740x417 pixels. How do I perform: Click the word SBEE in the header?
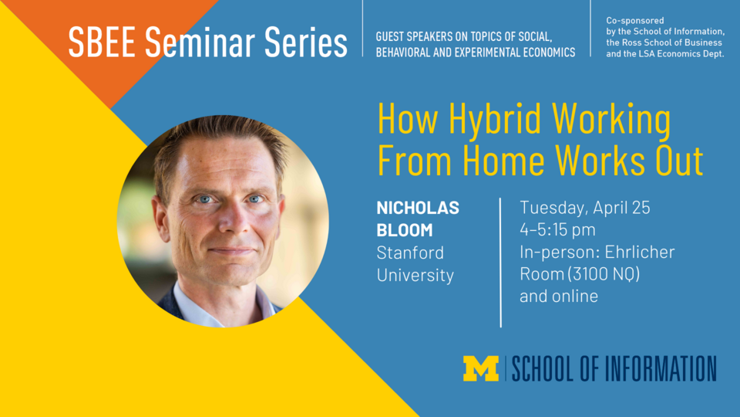point(93,43)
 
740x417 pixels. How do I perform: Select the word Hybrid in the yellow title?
point(483,121)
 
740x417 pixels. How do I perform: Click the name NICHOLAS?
point(417,208)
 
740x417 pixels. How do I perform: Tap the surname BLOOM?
point(405,230)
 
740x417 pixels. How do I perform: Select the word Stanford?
point(410,253)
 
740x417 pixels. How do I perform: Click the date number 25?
point(641,208)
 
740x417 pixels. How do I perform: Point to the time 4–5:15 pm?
point(557,230)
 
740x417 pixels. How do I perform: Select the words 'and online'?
point(559,297)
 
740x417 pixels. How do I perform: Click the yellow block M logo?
point(481,368)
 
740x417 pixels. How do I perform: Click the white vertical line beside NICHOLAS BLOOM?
point(501,263)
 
